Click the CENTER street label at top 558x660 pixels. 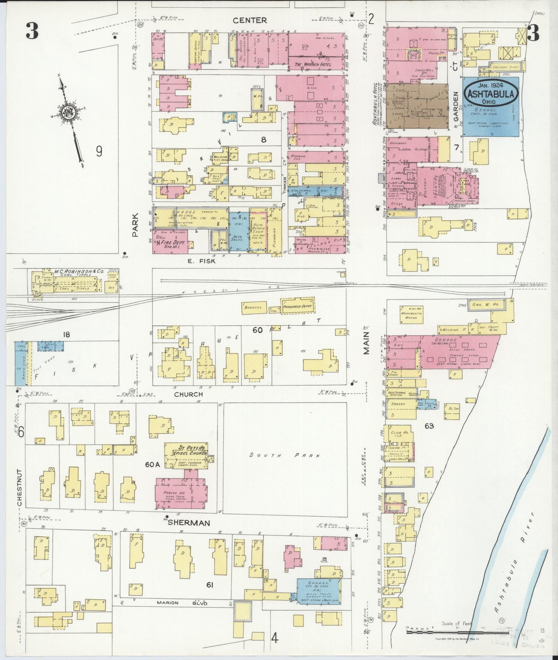click(x=249, y=20)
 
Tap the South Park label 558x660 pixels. click(x=285, y=455)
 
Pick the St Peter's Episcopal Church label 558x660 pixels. click(x=186, y=450)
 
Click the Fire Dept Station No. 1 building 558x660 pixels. click(x=170, y=242)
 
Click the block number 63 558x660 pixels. click(x=429, y=426)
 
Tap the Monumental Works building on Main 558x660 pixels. click(x=412, y=315)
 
